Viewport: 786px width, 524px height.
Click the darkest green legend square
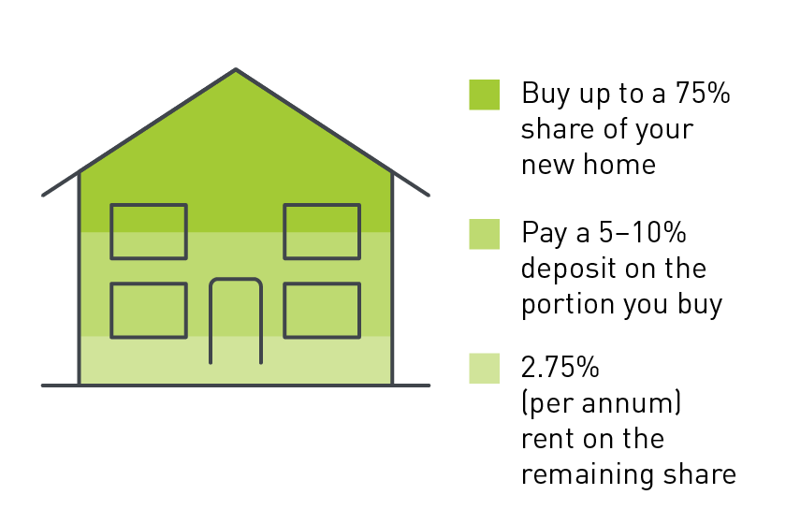pyautogui.click(x=485, y=95)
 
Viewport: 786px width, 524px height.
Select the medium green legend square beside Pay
pyautogui.click(x=485, y=234)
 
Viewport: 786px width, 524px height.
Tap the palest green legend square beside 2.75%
pyautogui.click(x=485, y=368)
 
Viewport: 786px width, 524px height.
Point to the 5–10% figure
pyautogui.click(x=642, y=232)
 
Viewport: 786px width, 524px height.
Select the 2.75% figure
pyautogui.click(x=560, y=367)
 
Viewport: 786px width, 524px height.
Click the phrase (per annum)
pyautogui.click(x=602, y=403)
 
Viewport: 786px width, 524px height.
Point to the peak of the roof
pyautogui.click(x=236, y=69)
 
